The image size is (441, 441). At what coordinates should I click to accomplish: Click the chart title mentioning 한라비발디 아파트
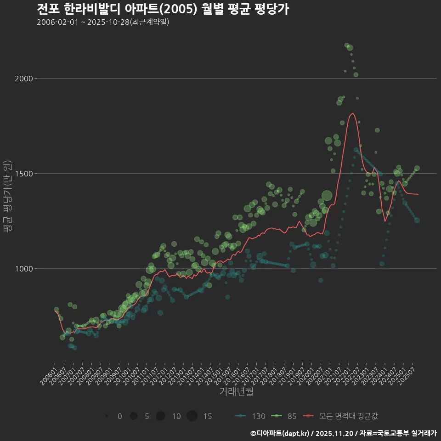point(163,9)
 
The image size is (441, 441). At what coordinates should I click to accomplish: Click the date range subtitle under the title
point(103,23)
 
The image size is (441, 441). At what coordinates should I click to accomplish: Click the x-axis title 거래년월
point(236,391)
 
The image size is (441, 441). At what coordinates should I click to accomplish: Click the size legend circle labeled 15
point(192,416)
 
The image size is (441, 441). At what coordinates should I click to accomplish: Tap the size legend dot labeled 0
point(107,416)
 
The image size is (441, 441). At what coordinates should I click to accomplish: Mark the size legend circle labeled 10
point(160,416)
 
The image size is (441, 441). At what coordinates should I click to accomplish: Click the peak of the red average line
point(352,113)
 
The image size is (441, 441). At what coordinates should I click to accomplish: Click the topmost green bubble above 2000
point(347,45)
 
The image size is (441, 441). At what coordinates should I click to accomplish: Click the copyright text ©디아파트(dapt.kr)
point(280,433)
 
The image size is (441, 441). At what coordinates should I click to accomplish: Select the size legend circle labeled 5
point(134,416)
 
